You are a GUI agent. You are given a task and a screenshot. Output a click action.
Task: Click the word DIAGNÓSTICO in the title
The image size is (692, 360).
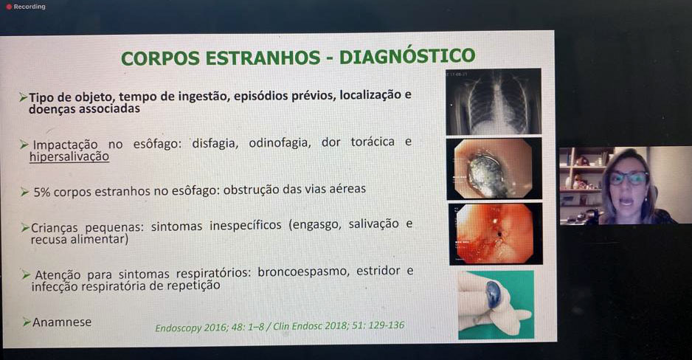[x=407, y=56]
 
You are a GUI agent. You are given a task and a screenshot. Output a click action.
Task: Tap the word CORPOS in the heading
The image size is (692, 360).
[x=160, y=58]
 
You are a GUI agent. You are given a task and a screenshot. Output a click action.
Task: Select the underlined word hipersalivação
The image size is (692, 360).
[x=69, y=156]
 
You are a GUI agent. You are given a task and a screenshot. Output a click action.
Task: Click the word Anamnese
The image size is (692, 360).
[x=62, y=322]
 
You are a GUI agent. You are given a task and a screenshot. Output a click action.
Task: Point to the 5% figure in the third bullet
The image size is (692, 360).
[x=42, y=193]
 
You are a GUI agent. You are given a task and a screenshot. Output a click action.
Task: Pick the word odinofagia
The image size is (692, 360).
[x=278, y=143]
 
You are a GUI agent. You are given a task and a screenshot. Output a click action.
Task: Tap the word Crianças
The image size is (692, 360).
[x=55, y=228]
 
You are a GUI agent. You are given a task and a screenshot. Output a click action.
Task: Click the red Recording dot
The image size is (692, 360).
[x=9, y=7]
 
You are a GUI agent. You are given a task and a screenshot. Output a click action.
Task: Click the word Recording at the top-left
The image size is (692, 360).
[x=30, y=7]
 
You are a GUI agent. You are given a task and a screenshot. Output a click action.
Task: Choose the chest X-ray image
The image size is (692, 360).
[x=494, y=102]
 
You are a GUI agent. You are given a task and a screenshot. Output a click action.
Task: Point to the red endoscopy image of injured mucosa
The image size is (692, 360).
[x=495, y=234]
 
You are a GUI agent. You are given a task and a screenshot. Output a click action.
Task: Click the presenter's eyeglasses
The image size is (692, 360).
[x=629, y=179]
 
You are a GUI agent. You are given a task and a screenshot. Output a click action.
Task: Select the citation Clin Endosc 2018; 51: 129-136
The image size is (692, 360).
[x=339, y=326]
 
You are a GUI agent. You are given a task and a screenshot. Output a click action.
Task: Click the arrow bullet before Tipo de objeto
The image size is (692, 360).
[x=24, y=97]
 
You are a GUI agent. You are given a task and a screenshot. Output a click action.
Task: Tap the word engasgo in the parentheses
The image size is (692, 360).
[x=317, y=224]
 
